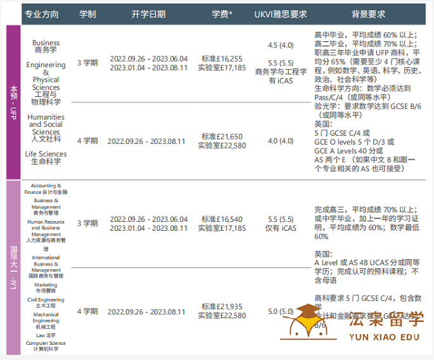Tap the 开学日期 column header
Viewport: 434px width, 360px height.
(148, 13)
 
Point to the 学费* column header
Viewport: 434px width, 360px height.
(222, 13)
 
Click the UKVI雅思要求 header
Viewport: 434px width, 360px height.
(280, 13)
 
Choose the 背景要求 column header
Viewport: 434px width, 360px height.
(368, 13)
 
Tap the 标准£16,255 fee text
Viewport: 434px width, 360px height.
(221, 58)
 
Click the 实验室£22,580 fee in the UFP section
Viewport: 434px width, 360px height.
(221, 146)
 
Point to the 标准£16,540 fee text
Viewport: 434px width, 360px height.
(221, 219)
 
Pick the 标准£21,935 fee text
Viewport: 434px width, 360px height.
(221, 307)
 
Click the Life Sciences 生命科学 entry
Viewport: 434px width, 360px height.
(46, 158)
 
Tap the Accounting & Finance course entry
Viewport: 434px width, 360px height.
(46, 188)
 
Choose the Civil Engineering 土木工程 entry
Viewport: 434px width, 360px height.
(46, 302)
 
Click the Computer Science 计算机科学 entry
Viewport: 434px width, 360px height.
(46, 346)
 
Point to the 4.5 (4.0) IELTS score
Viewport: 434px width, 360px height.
(281, 45)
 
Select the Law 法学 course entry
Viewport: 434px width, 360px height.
(46, 335)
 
